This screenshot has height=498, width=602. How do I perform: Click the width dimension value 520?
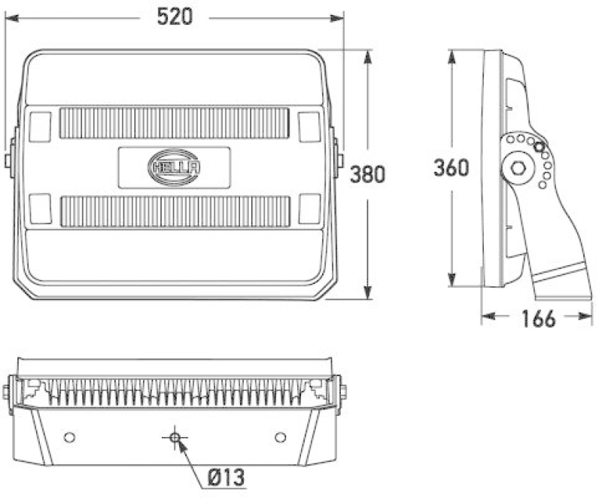tap(174, 17)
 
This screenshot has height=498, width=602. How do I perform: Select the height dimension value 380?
tap(368, 175)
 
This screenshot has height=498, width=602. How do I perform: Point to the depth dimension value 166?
tap(537, 319)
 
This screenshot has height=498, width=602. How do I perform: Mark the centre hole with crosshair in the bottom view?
tap(175, 437)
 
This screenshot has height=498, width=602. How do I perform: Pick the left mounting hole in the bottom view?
tap(69, 437)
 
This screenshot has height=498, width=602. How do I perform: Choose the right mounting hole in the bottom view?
tap(281, 437)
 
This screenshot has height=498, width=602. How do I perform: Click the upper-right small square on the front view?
tap(309, 126)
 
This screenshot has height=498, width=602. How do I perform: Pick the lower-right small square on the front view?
tap(309, 209)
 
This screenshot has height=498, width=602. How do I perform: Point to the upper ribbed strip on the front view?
tap(174, 123)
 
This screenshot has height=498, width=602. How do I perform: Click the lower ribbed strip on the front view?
tap(174, 212)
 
